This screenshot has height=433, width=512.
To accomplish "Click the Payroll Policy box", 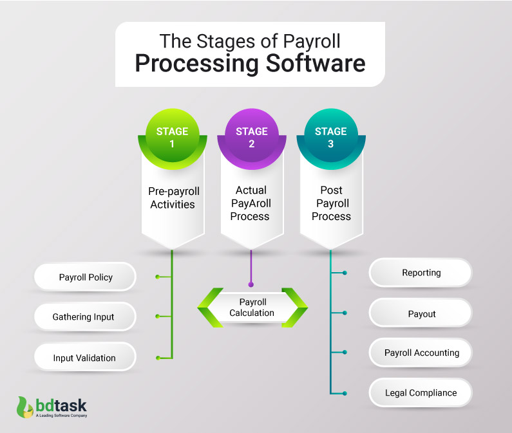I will click(86, 277).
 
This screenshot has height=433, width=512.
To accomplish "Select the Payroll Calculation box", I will click(252, 308).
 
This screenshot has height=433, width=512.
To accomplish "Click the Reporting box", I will click(421, 273).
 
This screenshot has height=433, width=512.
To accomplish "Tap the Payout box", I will click(421, 313).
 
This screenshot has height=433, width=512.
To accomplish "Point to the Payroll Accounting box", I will click(421, 353).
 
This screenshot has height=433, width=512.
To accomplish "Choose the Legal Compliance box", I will click(421, 392).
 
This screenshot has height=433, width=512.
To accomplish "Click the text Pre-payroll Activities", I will click(172, 197).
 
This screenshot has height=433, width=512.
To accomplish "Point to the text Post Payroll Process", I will click(330, 203).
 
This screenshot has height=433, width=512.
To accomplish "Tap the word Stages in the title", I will click(221, 41).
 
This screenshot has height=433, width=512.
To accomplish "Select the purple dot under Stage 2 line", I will click(251, 284).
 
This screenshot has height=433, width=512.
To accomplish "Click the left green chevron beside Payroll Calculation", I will click(209, 308).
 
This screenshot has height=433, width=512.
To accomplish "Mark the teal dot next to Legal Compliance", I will click(345, 393).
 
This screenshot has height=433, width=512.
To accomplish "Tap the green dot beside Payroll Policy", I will click(157, 277).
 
